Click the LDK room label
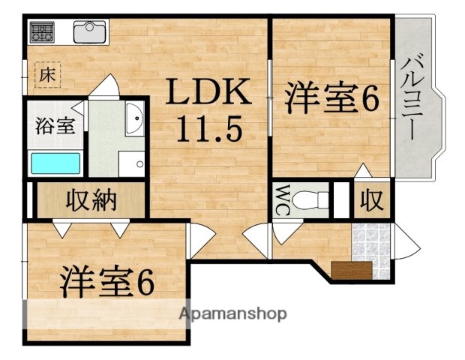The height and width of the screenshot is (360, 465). click(x=207, y=94)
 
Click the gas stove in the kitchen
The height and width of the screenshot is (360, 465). click(x=43, y=32)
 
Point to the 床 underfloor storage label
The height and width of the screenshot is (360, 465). click(x=47, y=75)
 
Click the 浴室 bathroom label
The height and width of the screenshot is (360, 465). click(x=54, y=125)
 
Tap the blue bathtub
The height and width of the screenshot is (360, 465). click(x=55, y=163)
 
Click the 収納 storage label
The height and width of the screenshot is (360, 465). click(x=92, y=200)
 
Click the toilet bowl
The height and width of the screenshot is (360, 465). click(x=311, y=199)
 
